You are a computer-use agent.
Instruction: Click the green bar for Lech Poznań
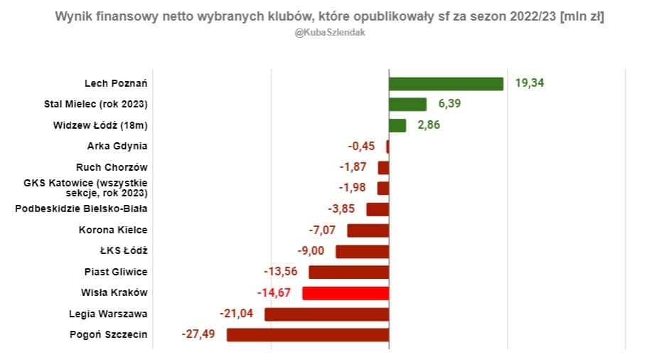(x=446, y=83)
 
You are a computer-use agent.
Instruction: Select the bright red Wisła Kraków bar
(x=346, y=293)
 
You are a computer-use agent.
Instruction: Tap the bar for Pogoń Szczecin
(x=308, y=334)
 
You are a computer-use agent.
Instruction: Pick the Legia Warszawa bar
(x=326, y=314)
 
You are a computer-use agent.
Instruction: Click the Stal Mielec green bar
(x=407, y=105)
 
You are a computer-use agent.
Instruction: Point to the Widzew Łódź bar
(x=397, y=125)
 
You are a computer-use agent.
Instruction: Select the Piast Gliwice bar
(x=348, y=272)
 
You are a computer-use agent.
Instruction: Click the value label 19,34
(x=530, y=83)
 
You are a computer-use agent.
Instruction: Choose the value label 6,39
(x=450, y=105)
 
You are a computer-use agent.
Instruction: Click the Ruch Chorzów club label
(x=112, y=167)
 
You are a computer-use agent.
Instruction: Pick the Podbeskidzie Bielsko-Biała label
(x=81, y=209)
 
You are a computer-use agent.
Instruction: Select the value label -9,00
(x=311, y=251)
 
